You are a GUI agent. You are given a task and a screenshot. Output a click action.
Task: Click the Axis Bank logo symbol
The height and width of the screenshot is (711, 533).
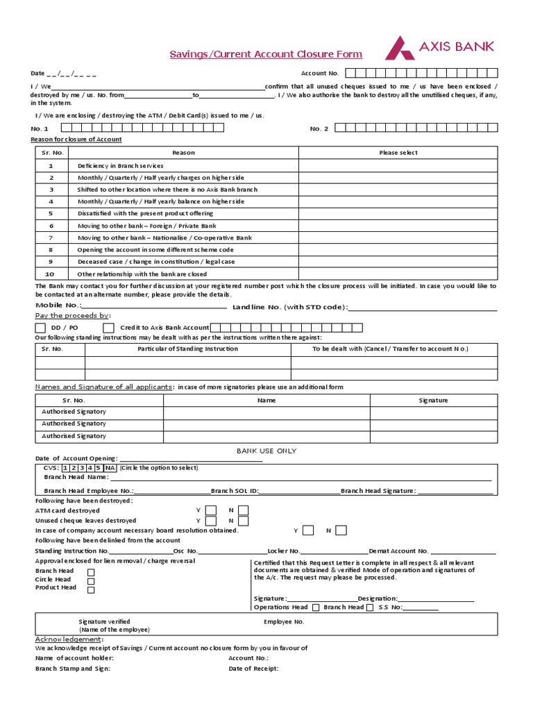pos(400,48)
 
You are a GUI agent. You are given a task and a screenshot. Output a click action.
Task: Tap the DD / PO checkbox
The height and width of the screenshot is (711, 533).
pos(41,328)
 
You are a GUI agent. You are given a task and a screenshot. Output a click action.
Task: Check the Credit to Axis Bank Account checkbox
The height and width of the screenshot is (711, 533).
pos(108,328)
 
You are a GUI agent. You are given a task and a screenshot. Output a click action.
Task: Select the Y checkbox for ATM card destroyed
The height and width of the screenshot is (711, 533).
pos(210,511)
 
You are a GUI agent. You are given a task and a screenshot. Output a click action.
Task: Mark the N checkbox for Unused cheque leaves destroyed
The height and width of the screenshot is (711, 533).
pos(243,521)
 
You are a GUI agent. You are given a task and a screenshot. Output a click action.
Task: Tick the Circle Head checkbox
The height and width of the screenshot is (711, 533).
pos(91,580)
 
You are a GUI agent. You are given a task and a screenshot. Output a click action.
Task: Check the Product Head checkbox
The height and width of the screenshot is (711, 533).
pos(91,589)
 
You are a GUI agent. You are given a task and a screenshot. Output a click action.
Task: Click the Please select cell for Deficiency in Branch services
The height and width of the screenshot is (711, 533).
pos(398,166)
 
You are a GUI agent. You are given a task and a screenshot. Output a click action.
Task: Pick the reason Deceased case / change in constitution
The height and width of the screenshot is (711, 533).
pos(156,262)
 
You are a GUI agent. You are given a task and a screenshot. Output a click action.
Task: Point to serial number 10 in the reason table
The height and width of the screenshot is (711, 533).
pos(51,274)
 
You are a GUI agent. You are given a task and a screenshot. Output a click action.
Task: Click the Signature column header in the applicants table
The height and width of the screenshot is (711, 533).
pos(433,401)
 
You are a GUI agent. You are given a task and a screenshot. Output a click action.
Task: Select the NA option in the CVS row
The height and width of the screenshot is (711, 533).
pos(111,468)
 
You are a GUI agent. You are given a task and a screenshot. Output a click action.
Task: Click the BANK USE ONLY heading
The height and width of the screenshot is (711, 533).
pos(266,451)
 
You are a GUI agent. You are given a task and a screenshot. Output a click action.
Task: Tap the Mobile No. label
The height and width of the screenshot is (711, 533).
pos(58,306)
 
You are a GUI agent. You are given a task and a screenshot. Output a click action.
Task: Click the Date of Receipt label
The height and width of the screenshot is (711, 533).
pos(253,669)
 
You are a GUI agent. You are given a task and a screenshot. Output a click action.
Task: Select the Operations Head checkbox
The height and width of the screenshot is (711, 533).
pos(316,608)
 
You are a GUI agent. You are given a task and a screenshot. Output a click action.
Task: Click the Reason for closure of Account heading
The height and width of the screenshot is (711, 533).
pos(76,140)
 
